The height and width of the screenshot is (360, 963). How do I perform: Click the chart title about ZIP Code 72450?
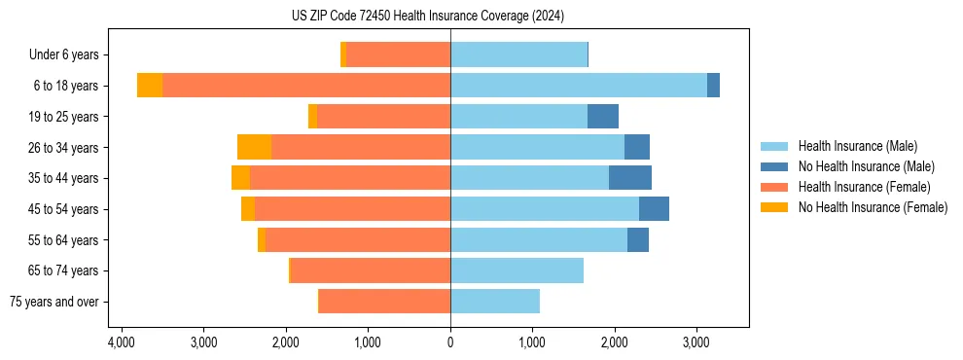click(x=427, y=17)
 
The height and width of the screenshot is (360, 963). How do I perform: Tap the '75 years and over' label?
click(x=53, y=302)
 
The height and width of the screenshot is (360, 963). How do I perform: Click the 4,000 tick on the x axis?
click(x=121, y=342)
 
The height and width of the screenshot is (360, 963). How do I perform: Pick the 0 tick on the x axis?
click(x=450, y=342)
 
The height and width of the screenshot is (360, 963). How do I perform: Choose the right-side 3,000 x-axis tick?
click(x=695, y=342)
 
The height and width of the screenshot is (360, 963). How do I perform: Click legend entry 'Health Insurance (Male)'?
click(x=857, y=146)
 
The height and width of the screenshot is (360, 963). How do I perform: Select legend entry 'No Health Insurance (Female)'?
click(x=873, y=207)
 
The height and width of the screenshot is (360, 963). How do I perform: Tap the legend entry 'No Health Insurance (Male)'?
click(x=866, y=166)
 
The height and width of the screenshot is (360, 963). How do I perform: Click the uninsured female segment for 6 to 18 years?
click(x=150, y=86)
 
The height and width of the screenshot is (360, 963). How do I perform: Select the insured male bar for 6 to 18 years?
click(x=579, y=86)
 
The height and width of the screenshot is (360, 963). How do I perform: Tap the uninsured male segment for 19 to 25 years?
click(x=603, y=117)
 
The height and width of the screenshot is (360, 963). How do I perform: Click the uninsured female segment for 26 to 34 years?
click(x=254, y=148)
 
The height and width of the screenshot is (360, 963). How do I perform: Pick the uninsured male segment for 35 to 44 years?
click(x=630, y=178)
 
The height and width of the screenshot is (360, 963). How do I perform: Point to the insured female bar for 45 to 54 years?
click(x=352, y=209)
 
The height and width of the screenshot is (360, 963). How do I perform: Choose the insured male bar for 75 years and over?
click(x=495, y=302)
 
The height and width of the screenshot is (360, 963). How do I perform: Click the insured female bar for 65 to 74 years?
click(x=371, y=270)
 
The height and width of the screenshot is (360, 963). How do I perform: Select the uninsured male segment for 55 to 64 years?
click(x=638, y=240)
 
